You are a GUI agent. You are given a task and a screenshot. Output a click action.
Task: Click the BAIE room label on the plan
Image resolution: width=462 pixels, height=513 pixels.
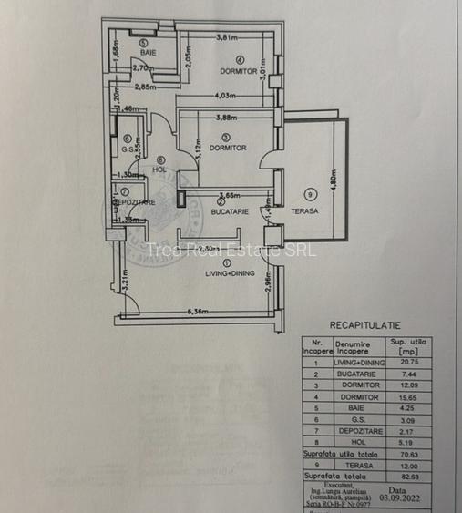coord(149,53)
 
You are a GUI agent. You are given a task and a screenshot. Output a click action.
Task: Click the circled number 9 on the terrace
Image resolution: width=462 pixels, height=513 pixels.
coord(311,193)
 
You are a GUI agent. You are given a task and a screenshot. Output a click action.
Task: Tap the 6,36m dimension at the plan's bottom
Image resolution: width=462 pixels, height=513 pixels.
coord(199,312)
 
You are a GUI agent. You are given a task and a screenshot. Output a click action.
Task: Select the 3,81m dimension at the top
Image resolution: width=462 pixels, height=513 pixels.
coord(227,37)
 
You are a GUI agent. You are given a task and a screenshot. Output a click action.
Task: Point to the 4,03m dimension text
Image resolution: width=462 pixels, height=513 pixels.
coord(227,96)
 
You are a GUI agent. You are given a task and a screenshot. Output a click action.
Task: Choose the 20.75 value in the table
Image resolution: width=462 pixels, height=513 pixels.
coord(407,362)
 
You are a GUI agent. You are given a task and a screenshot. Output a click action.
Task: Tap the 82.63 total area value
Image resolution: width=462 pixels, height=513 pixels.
coord(407,475)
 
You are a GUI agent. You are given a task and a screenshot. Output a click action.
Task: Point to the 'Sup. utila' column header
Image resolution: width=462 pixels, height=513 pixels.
coord(407,343)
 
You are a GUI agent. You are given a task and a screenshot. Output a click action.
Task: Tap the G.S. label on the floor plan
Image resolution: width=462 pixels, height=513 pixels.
coord(129,151)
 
